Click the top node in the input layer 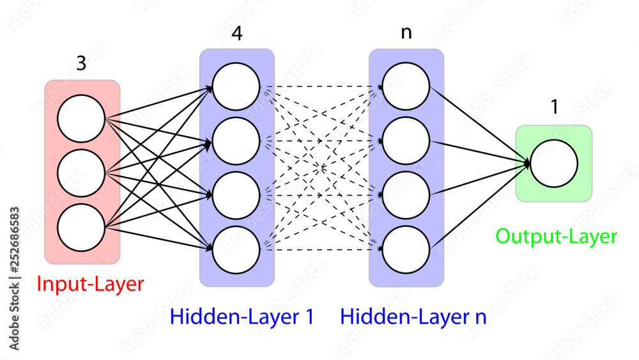(81, 119)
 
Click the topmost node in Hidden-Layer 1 (236, 86)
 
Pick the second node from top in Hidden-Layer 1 (236, 141)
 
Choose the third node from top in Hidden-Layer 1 (236, 195)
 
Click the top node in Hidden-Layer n (406, 86)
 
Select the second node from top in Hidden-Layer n (406, 141)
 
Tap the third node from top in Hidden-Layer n (406, 195)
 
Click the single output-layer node (553, 163)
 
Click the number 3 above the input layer (81, 65)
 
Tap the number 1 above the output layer (554, 107)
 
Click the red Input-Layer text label (90, 284)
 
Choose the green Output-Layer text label (556, 237)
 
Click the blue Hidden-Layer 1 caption (242, 317)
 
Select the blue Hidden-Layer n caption (413, 317)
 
